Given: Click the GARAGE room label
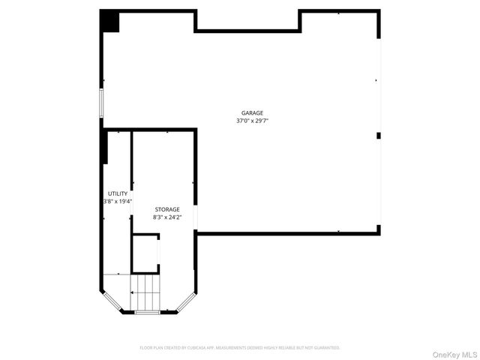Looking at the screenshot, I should (241, 112).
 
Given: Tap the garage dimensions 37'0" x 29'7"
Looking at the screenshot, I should (241, 120).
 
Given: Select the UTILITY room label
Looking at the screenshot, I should (118, 193).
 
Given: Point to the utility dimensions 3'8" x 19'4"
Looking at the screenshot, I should (118, 201).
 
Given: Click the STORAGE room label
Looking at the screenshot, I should (167, 209).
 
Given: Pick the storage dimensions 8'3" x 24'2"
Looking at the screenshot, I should (167, 217).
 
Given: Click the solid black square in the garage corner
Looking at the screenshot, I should (110, 21).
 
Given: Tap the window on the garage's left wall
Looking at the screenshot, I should (102, 103).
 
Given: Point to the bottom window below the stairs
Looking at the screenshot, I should (147, 313).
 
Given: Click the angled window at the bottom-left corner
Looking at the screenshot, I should (109, 302).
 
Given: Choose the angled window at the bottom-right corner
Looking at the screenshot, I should (186, 302).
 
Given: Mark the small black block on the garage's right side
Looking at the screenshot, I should (379, 136).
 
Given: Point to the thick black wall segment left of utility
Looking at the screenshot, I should (105, 147).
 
